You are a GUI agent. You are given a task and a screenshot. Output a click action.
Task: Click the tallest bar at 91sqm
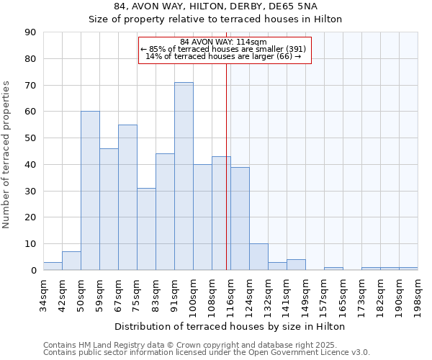coord(184,176)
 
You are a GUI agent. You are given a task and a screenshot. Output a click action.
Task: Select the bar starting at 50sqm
coord(90,191)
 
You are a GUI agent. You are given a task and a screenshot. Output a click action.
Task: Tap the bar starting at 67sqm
coord(127,197)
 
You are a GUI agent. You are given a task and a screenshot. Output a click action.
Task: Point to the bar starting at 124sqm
coord(258,257)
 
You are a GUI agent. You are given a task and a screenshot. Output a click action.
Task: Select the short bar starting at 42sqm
coord(71,261)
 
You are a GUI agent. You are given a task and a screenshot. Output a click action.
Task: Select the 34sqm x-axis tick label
coord(43,292)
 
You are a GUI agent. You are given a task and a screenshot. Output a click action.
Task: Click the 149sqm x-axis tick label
coord(305,292)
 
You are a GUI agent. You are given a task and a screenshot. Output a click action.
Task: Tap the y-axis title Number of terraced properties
coord(6,155)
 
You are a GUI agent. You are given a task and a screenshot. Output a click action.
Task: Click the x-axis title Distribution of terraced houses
coord(230,326)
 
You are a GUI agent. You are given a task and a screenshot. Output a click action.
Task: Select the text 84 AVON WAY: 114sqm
coord(223,42)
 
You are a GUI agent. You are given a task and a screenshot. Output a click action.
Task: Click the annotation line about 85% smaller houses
coord(223,49)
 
